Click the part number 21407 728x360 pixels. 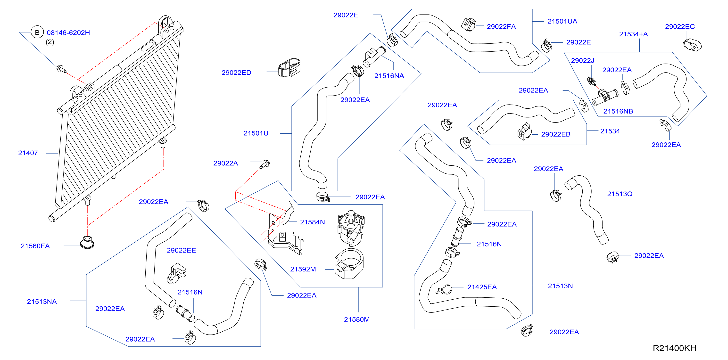(x=28, y=153)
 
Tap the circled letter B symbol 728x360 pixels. (x=37, y=33)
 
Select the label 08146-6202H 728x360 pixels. (x=68, y=33)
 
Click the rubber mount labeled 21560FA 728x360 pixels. (x=87, y=242)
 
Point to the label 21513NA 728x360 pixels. (x=42, y=302)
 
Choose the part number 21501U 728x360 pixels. (x=256, y=133)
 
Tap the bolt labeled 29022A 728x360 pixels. (x=265, y=164)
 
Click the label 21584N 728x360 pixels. (x=312, y=222)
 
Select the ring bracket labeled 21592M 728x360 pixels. (x=349, y=264)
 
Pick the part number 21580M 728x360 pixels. (x=357, y=319)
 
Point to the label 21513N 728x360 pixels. (x=560, y=286)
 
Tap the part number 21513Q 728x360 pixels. (x=620, y=194)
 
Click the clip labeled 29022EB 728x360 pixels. (x=524, y=132)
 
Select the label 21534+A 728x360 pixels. (x=633, y=34)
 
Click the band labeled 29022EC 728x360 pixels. (x=692, y=45)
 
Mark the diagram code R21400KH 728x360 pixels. (x=674, y=348)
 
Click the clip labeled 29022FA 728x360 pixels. (x=468, y=25)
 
